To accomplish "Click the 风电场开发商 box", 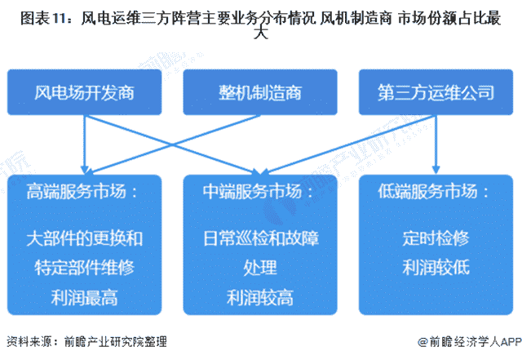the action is pyautogui.click(x=85, y=92).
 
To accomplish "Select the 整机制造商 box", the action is pyautogui.click(x=260, y=92).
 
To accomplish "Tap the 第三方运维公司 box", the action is pyautogui.click(x=436, y=92).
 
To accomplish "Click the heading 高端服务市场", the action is pyautogui.click(x=77, y=192).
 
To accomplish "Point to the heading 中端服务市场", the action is pyautogui.click(x=252, y=192).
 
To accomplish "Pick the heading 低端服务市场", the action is pyautogui.click(x=427, y=192).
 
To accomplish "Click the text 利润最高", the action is pyautogui.click(x=85, y=298).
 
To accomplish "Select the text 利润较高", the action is pyautogui.click(x=260, y=298).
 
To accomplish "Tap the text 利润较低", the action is pyautogui.click(x=436, y=267).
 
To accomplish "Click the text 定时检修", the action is pyautogui.click(x=436, y=238).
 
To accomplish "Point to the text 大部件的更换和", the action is pyautogui.click(x=85, y=238).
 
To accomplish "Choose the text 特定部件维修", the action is pyautogui.click(x=85, y=267).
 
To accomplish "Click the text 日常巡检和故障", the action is pyautogui.click(x=261, y=238).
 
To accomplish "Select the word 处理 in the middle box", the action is pyautogui.click(x=260, y=267).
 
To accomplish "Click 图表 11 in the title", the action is pyautogui.click(x=43, y=18).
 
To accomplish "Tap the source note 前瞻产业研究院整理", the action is pyautogui.click(x=116, y=342).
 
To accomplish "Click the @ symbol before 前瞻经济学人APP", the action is pyautogui.click(x=422, y=342).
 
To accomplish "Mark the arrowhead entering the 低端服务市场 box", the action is pyautogui.click(x=436, y=170).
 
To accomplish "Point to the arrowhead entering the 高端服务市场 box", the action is pyautogui.click(x=86, y=170).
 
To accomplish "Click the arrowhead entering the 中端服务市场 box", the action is pyautogui.click(x=260, y=171).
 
